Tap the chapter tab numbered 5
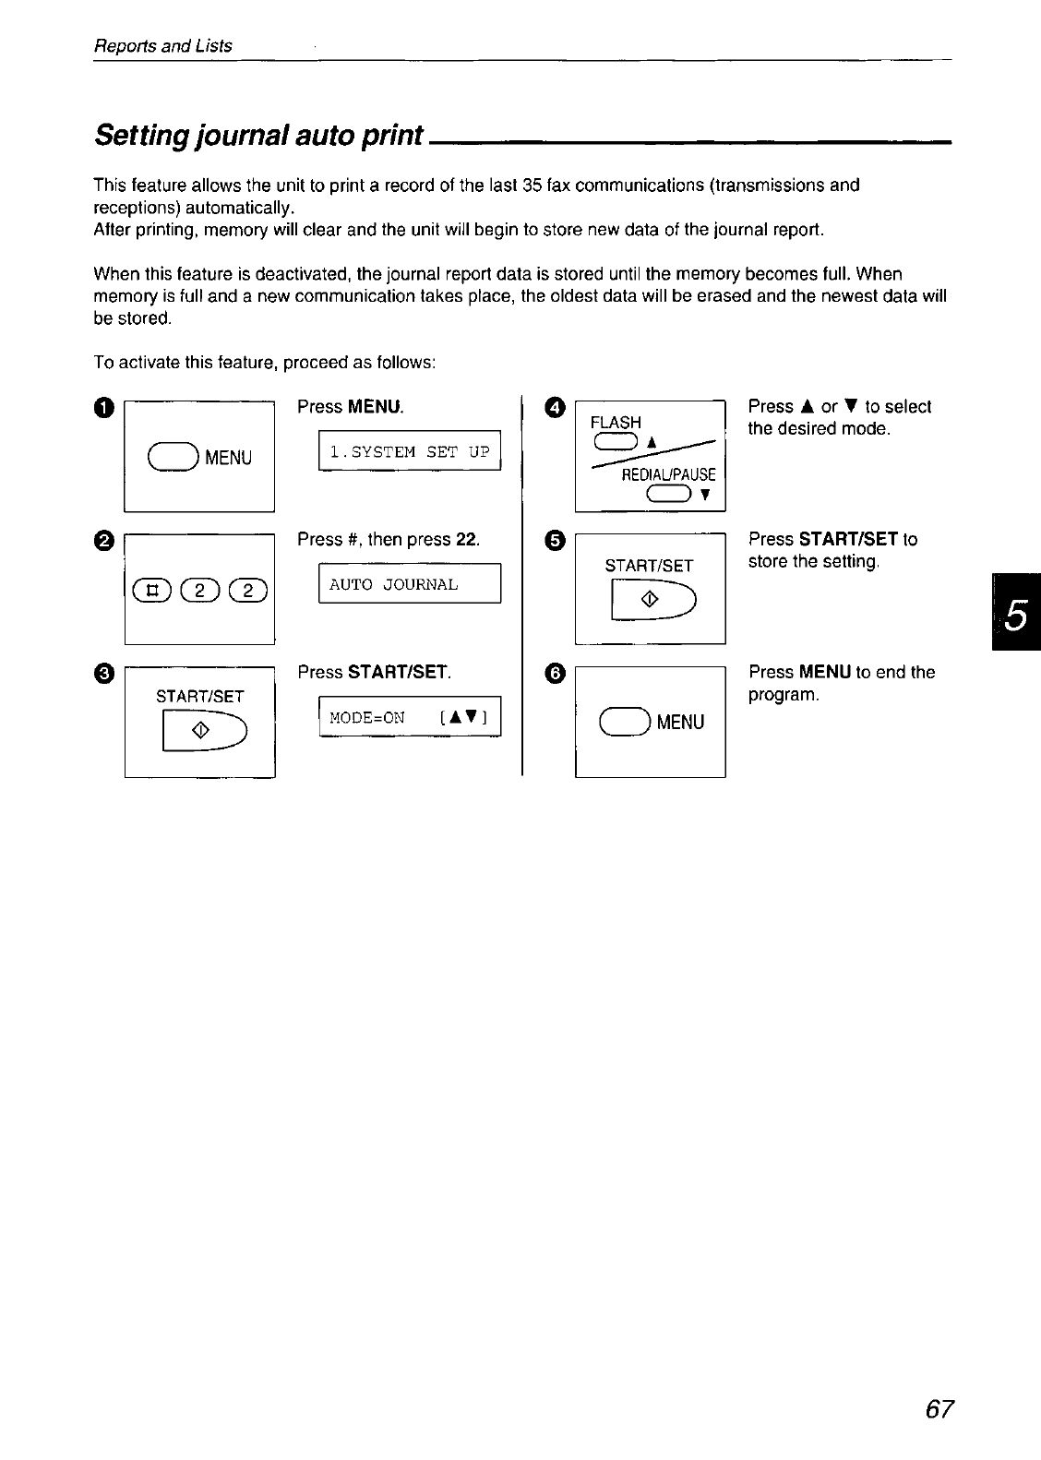tap(1015, 612)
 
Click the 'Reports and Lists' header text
tap(163, 45)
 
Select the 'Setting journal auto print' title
tap(259, 135)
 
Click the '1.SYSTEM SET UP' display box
tap(409, 451)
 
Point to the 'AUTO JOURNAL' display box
tap(409, 584)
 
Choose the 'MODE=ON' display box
tap(409, 717)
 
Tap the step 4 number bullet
tap(555, 408)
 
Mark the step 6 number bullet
tap(554, 674)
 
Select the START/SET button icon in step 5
tap(652, 600)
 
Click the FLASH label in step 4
tap(616, 423)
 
